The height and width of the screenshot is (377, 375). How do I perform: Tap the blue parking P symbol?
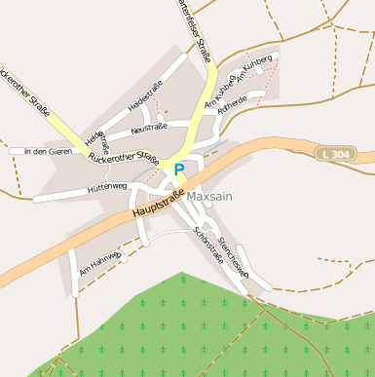pyautogui.click(x=178, y=170)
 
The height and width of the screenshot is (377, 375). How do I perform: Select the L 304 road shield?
pyautogui.click(x=336, y=154)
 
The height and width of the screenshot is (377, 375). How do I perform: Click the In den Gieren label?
pyautogui.click(x=49, y=151)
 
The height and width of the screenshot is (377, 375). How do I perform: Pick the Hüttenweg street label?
pyautogui.click(x=106, y=185)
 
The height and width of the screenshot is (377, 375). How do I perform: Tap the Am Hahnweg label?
pyautogui.click(x=100, y=266)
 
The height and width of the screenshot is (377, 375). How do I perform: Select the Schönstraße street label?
pyautogui.click(x=208, y=245)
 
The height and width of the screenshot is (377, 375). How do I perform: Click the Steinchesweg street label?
pyautogui.click(x=234, y=256)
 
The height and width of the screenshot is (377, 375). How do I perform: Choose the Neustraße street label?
pyautogui.click(x=149, y=127)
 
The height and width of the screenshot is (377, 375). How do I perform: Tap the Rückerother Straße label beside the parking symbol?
pyautogui.click(x=123, y=156)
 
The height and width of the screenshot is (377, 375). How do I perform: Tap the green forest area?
pyautogui.click(x=195, y=321)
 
